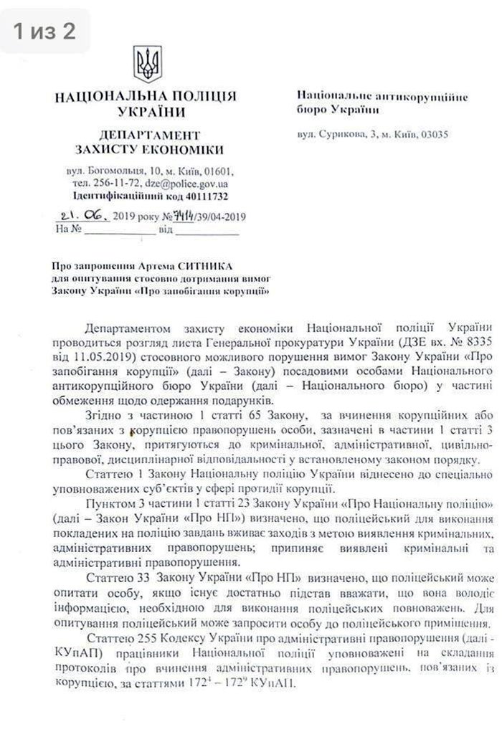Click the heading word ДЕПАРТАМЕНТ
coord(149,135)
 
